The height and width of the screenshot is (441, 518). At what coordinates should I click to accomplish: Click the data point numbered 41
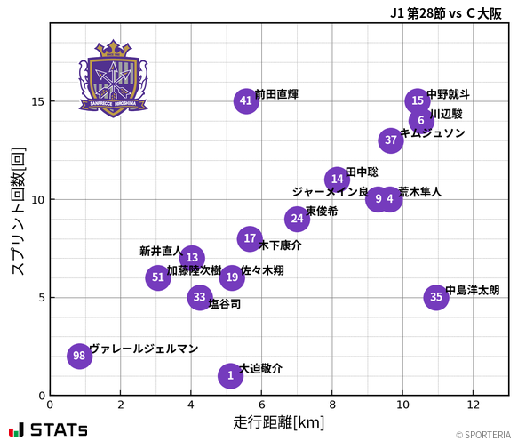(246, 101)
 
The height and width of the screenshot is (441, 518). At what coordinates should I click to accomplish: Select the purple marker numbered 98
(80, 356)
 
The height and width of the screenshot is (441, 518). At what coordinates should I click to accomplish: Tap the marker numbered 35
(435, 297)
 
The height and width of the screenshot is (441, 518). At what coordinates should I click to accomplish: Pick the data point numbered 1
(230, 375)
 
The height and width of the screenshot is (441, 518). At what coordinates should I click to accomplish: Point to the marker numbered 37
(391, 140)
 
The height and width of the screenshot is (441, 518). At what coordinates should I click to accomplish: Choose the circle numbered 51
(158, 277)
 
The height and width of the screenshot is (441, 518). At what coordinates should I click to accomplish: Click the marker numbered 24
(297, 219)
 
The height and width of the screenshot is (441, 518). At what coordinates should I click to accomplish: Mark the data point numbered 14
(337, 179)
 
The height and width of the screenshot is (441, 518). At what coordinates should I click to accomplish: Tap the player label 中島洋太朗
(473, 290)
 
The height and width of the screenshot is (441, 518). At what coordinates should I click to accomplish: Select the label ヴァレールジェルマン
(144, 349)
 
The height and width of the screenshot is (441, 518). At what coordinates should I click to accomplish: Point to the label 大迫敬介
(261, 368)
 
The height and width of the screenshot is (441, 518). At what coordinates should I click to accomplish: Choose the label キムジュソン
(433, 133)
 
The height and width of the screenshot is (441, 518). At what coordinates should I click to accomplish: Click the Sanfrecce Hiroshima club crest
(113, 77)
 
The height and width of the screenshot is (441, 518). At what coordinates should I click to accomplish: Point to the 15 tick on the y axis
(36, 101)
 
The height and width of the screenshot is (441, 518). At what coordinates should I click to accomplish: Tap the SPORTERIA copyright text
(484, 435)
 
